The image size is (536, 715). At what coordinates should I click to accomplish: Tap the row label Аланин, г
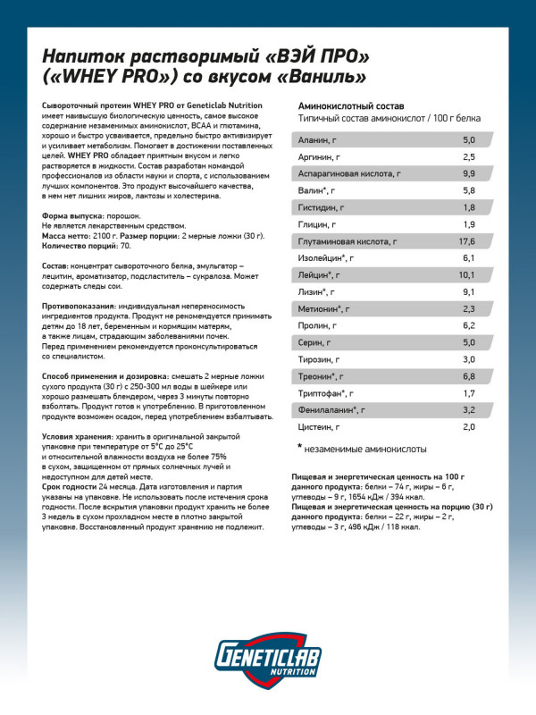pos(316,140)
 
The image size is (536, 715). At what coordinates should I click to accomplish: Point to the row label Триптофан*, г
pos(326,393)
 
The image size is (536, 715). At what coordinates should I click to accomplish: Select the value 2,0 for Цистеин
pos(469,427)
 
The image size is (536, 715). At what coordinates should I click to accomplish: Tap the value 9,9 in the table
pos(469,173)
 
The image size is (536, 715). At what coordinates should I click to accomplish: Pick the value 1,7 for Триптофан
pos(469,393)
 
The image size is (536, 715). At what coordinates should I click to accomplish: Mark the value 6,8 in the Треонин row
pos(469,376)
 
